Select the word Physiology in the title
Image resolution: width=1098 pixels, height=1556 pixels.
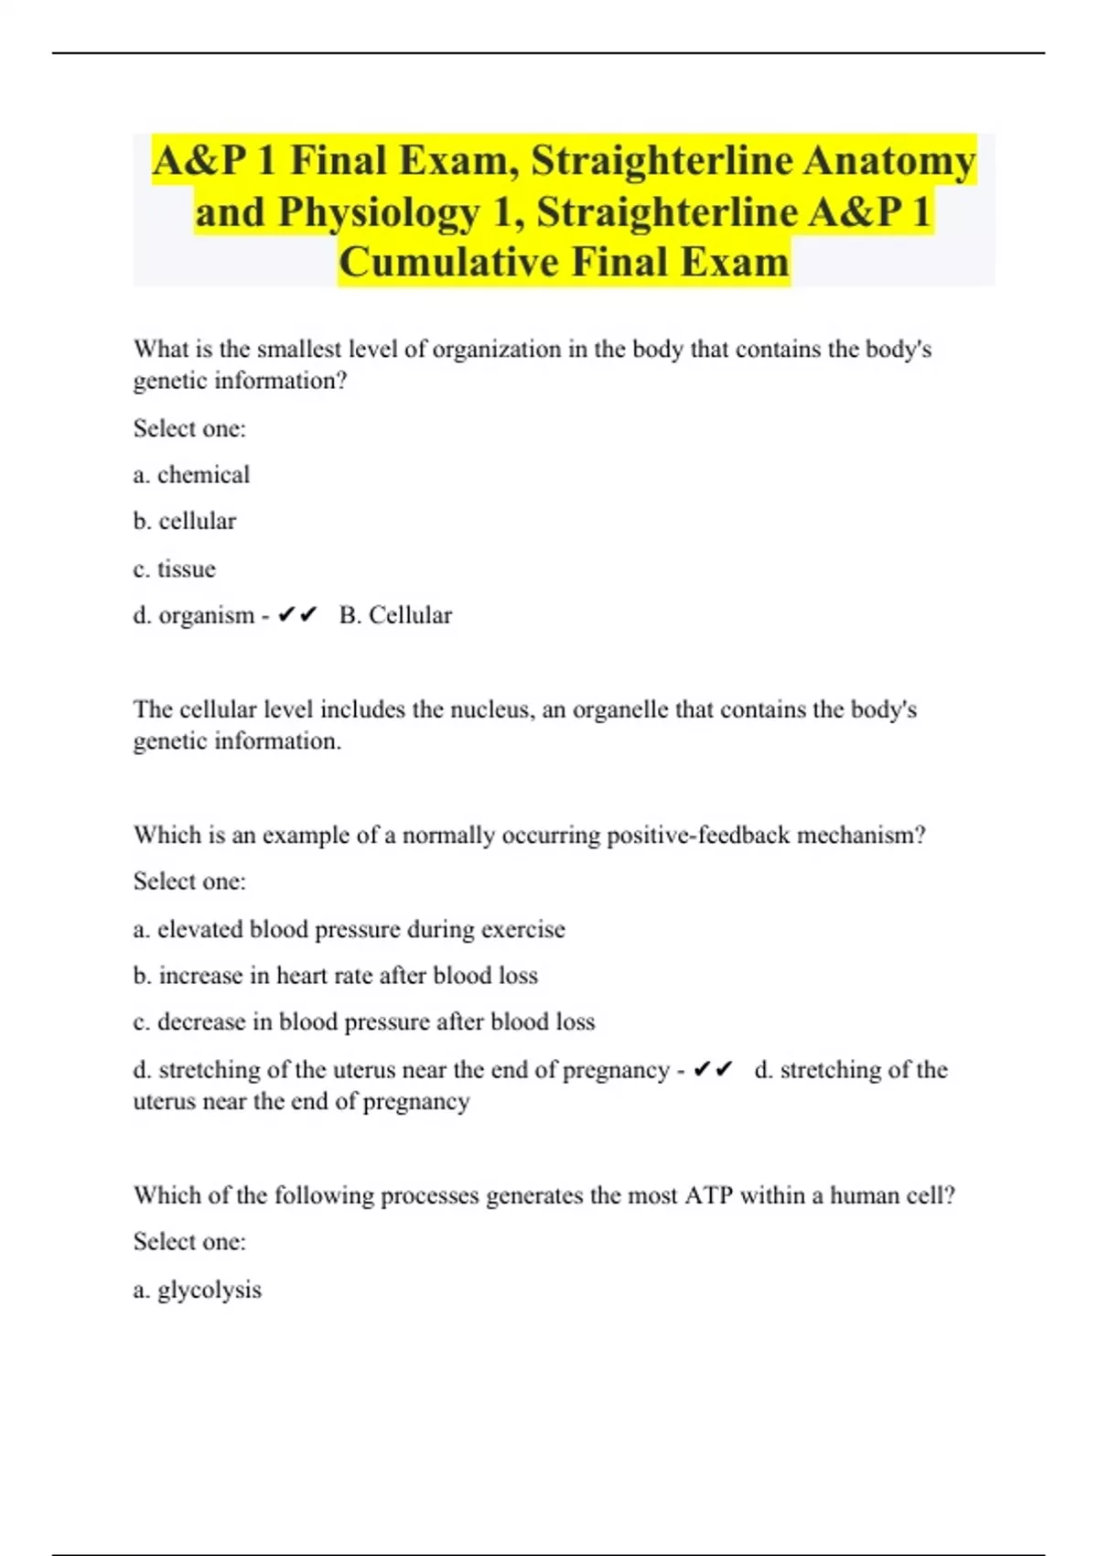[378, 212]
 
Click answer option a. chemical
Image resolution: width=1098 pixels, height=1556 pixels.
[191, 474]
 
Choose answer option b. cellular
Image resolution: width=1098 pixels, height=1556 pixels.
[185, 521]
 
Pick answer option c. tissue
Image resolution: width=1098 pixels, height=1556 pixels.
[175, 568]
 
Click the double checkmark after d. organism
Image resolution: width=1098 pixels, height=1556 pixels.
[297, 615]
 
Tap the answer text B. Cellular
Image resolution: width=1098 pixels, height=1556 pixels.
[395, 615]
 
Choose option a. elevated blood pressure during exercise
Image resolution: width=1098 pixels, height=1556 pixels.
[349, 929]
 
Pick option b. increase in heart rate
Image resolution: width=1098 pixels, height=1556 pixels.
[335, 976]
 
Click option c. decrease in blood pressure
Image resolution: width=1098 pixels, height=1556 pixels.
[363, 1021]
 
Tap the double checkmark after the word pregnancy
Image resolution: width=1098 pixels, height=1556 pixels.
[713, 1070]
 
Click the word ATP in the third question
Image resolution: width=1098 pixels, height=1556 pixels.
[708, 1195]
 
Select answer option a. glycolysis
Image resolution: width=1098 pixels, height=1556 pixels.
[198, 1290]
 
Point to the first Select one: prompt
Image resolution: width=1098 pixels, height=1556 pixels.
[189, 428]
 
